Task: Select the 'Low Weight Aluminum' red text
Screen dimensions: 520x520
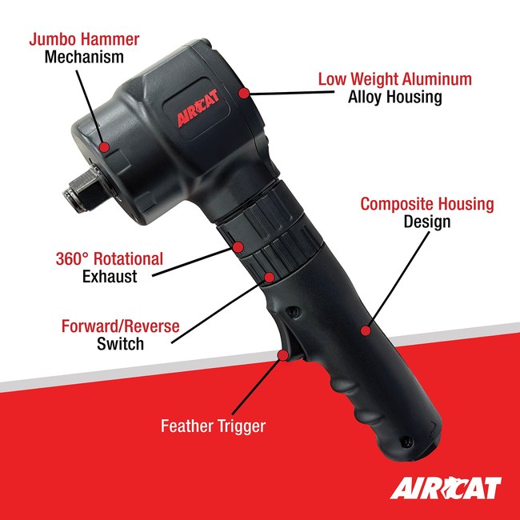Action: pyautogui.click(x=394, y=79)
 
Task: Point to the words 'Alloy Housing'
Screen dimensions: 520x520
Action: pyautogui.click(x=394, y=98)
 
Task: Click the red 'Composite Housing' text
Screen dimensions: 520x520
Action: pyautogui.click(x=426, y=204)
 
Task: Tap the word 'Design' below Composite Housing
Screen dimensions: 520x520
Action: pyautogui.click(x=426, y=222)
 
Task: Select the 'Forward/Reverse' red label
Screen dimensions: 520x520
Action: pyautogui.click(x=120, y=326)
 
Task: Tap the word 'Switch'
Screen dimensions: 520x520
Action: pyautogui.click(x=120, y=345)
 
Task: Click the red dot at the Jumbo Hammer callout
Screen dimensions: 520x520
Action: pyautogui.click(x=105, y=147)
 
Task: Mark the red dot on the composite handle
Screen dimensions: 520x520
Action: pyautogui.click(x=366, y=329)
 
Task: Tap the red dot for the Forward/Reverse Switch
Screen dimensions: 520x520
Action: pyautogui.click(x=270, y=278)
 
